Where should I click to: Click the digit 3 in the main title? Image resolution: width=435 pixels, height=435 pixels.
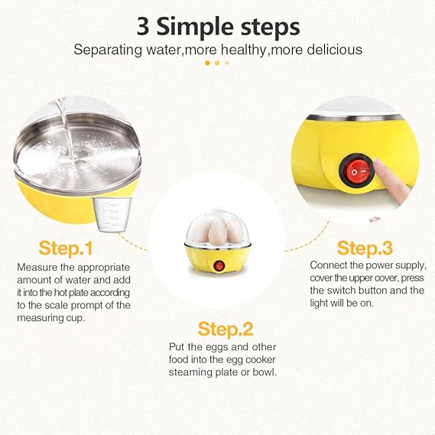[x=143, y=27]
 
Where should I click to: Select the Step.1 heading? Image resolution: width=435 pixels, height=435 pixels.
[x=66, y=248]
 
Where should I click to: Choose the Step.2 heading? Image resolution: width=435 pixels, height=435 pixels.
[x=226, y=329]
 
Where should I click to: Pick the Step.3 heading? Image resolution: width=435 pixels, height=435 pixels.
[x=365, y=248]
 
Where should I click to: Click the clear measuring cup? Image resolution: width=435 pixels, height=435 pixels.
[x=112, y=215]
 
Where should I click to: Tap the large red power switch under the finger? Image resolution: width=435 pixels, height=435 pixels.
[x=357, y=171]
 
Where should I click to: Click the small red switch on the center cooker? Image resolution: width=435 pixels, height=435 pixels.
[x=219, y=266]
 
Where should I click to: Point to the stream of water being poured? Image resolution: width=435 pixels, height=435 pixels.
[x=67, y=131]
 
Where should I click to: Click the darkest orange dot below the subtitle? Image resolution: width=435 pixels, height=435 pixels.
[x=207, y=63]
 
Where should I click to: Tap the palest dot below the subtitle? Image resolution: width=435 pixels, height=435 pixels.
[x=227, y=63]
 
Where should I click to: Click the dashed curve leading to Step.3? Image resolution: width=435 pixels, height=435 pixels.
[x=309, y=239]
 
